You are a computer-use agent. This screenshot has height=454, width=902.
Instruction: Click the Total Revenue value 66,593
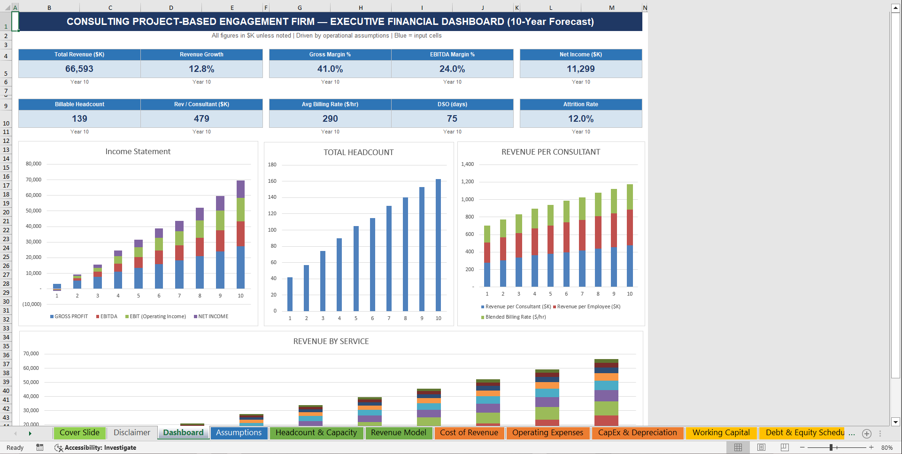coord(79,69)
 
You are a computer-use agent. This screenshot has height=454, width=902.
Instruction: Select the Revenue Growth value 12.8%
coord(201,69)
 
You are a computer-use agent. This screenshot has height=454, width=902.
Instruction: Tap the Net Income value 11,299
coord(580,69)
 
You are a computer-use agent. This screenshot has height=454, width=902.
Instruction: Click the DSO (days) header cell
coord(452,104)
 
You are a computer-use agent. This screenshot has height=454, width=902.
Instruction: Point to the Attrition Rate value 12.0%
coord(580,119)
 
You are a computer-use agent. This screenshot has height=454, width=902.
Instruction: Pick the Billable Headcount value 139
coord(79,119)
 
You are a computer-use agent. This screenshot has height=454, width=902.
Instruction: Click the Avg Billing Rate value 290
coord(330,119)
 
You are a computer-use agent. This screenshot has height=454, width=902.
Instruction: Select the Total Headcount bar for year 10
coord(438,244)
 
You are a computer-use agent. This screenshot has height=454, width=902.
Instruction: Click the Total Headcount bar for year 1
coord(290,294)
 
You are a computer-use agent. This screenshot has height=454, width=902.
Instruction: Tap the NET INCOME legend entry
coord(213,317)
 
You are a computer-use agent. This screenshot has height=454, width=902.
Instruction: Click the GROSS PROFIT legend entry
coord(70,317)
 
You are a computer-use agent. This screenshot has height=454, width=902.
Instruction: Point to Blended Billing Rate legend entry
coord(515,317)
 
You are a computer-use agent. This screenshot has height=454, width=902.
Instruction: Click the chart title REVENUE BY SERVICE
coord(331,342)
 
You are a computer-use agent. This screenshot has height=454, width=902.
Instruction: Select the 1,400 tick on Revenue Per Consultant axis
coord(467,164)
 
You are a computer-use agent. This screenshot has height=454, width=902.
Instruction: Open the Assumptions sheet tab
coord(239,433)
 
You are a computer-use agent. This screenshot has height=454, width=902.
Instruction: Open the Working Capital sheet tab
coord(721,433)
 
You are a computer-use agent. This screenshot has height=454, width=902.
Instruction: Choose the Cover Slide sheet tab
coord(79,433)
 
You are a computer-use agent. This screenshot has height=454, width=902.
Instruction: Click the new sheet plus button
coord(867,434)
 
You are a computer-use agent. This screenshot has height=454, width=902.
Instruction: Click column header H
coord(360,8)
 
